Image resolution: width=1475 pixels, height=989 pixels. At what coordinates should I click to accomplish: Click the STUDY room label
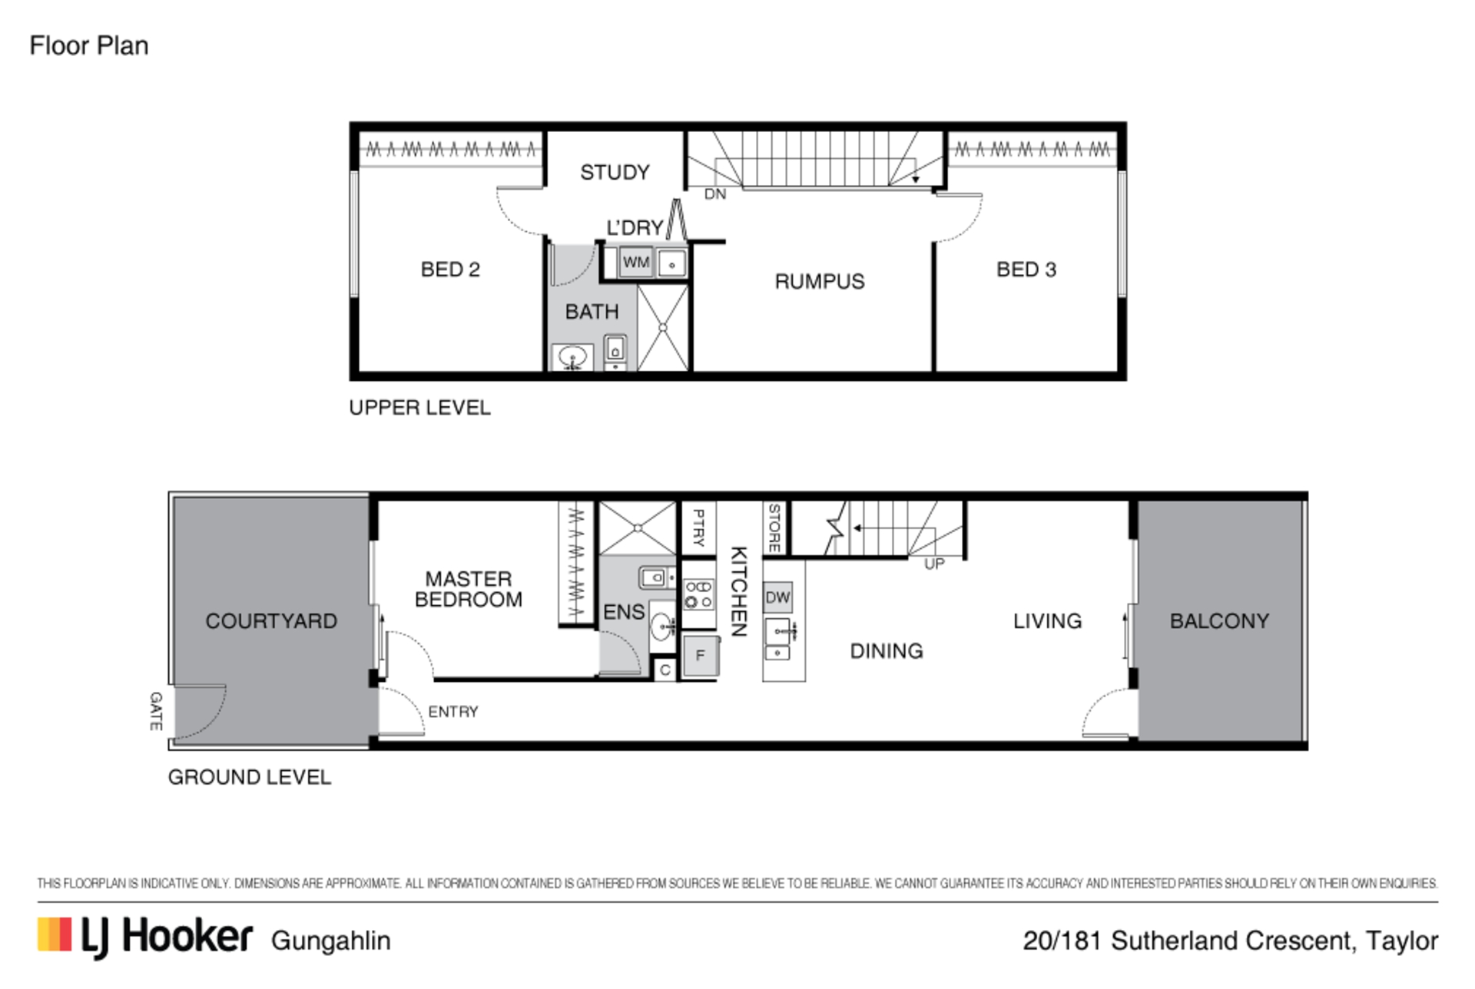coord(615,172)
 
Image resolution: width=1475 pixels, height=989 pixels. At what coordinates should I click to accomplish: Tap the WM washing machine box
coord(636,262)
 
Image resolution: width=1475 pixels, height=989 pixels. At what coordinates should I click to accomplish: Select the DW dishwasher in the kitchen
coord(777,597)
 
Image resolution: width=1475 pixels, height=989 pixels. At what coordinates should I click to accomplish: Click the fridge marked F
coord(700,655)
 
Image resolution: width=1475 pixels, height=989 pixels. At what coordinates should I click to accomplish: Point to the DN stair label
coord(715,194)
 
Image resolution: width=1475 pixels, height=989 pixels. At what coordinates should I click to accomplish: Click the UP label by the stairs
coord(934,564)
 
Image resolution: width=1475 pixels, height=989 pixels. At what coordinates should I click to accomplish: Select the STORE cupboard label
coord(774,528)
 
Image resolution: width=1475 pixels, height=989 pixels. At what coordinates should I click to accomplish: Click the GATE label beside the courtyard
coord(156,710)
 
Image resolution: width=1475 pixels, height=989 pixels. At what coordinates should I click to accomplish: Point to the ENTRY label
coord(453,712)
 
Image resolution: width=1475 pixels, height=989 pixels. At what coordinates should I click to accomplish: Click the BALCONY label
coord(1219,620)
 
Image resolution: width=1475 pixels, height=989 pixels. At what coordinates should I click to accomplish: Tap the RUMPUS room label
coord(820,282)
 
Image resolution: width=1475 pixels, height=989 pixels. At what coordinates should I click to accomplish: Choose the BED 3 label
coord(1026,270)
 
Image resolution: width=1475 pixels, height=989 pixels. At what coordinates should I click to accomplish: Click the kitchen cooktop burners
coord(698,594)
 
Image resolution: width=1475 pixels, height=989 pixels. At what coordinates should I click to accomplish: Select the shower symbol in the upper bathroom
coord(663,327)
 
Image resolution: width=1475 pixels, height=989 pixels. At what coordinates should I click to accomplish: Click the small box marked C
coord(665,670)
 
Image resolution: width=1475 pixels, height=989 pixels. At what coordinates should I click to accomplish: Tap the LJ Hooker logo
coord(144,937)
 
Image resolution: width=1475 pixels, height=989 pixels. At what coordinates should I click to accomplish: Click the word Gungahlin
coord(331,941)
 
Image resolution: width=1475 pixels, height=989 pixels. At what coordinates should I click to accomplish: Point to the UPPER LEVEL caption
coord(419,408)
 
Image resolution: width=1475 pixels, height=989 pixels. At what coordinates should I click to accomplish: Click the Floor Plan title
coord(89,46)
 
